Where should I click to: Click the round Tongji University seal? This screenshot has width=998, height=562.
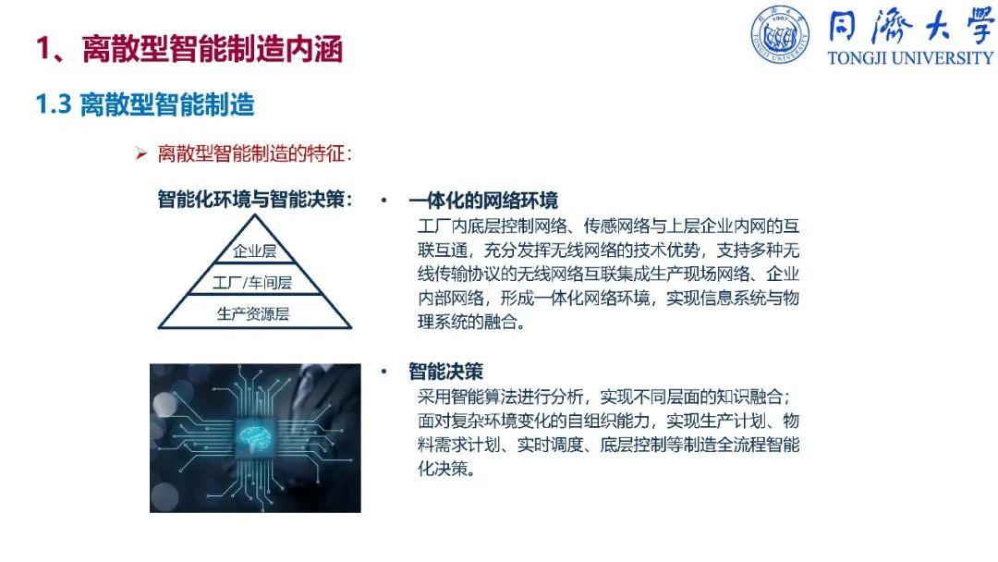(x=780, y=35)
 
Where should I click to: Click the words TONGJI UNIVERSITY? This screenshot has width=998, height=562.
(x=910, y=58)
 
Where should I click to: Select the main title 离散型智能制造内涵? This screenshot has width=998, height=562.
(x=213, y=49)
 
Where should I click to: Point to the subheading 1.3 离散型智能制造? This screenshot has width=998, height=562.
(x=145, y=104)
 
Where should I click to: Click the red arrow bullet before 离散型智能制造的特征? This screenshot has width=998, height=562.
(x=140, y=153)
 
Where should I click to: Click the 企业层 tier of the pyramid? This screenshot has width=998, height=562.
(x=255, y=250)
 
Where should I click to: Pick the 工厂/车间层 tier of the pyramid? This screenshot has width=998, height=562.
(x=252, y=283)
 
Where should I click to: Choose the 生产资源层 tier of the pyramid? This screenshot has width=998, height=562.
(x=253, y=313)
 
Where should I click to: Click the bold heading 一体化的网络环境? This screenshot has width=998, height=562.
(x=483, y=201)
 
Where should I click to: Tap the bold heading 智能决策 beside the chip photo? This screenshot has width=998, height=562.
(x=445, y=371)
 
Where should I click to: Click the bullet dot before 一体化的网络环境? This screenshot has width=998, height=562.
(x=383, y=200)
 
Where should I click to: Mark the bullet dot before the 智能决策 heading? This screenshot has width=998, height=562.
(x=383, y=371)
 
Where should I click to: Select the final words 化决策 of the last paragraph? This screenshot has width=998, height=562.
(x=446, y=469)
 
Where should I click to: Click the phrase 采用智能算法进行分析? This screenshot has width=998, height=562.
(x=500, y=397)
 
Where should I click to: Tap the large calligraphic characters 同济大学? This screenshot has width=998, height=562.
(x=910, y=27)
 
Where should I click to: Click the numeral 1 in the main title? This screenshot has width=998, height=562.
(x=43, y=49)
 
